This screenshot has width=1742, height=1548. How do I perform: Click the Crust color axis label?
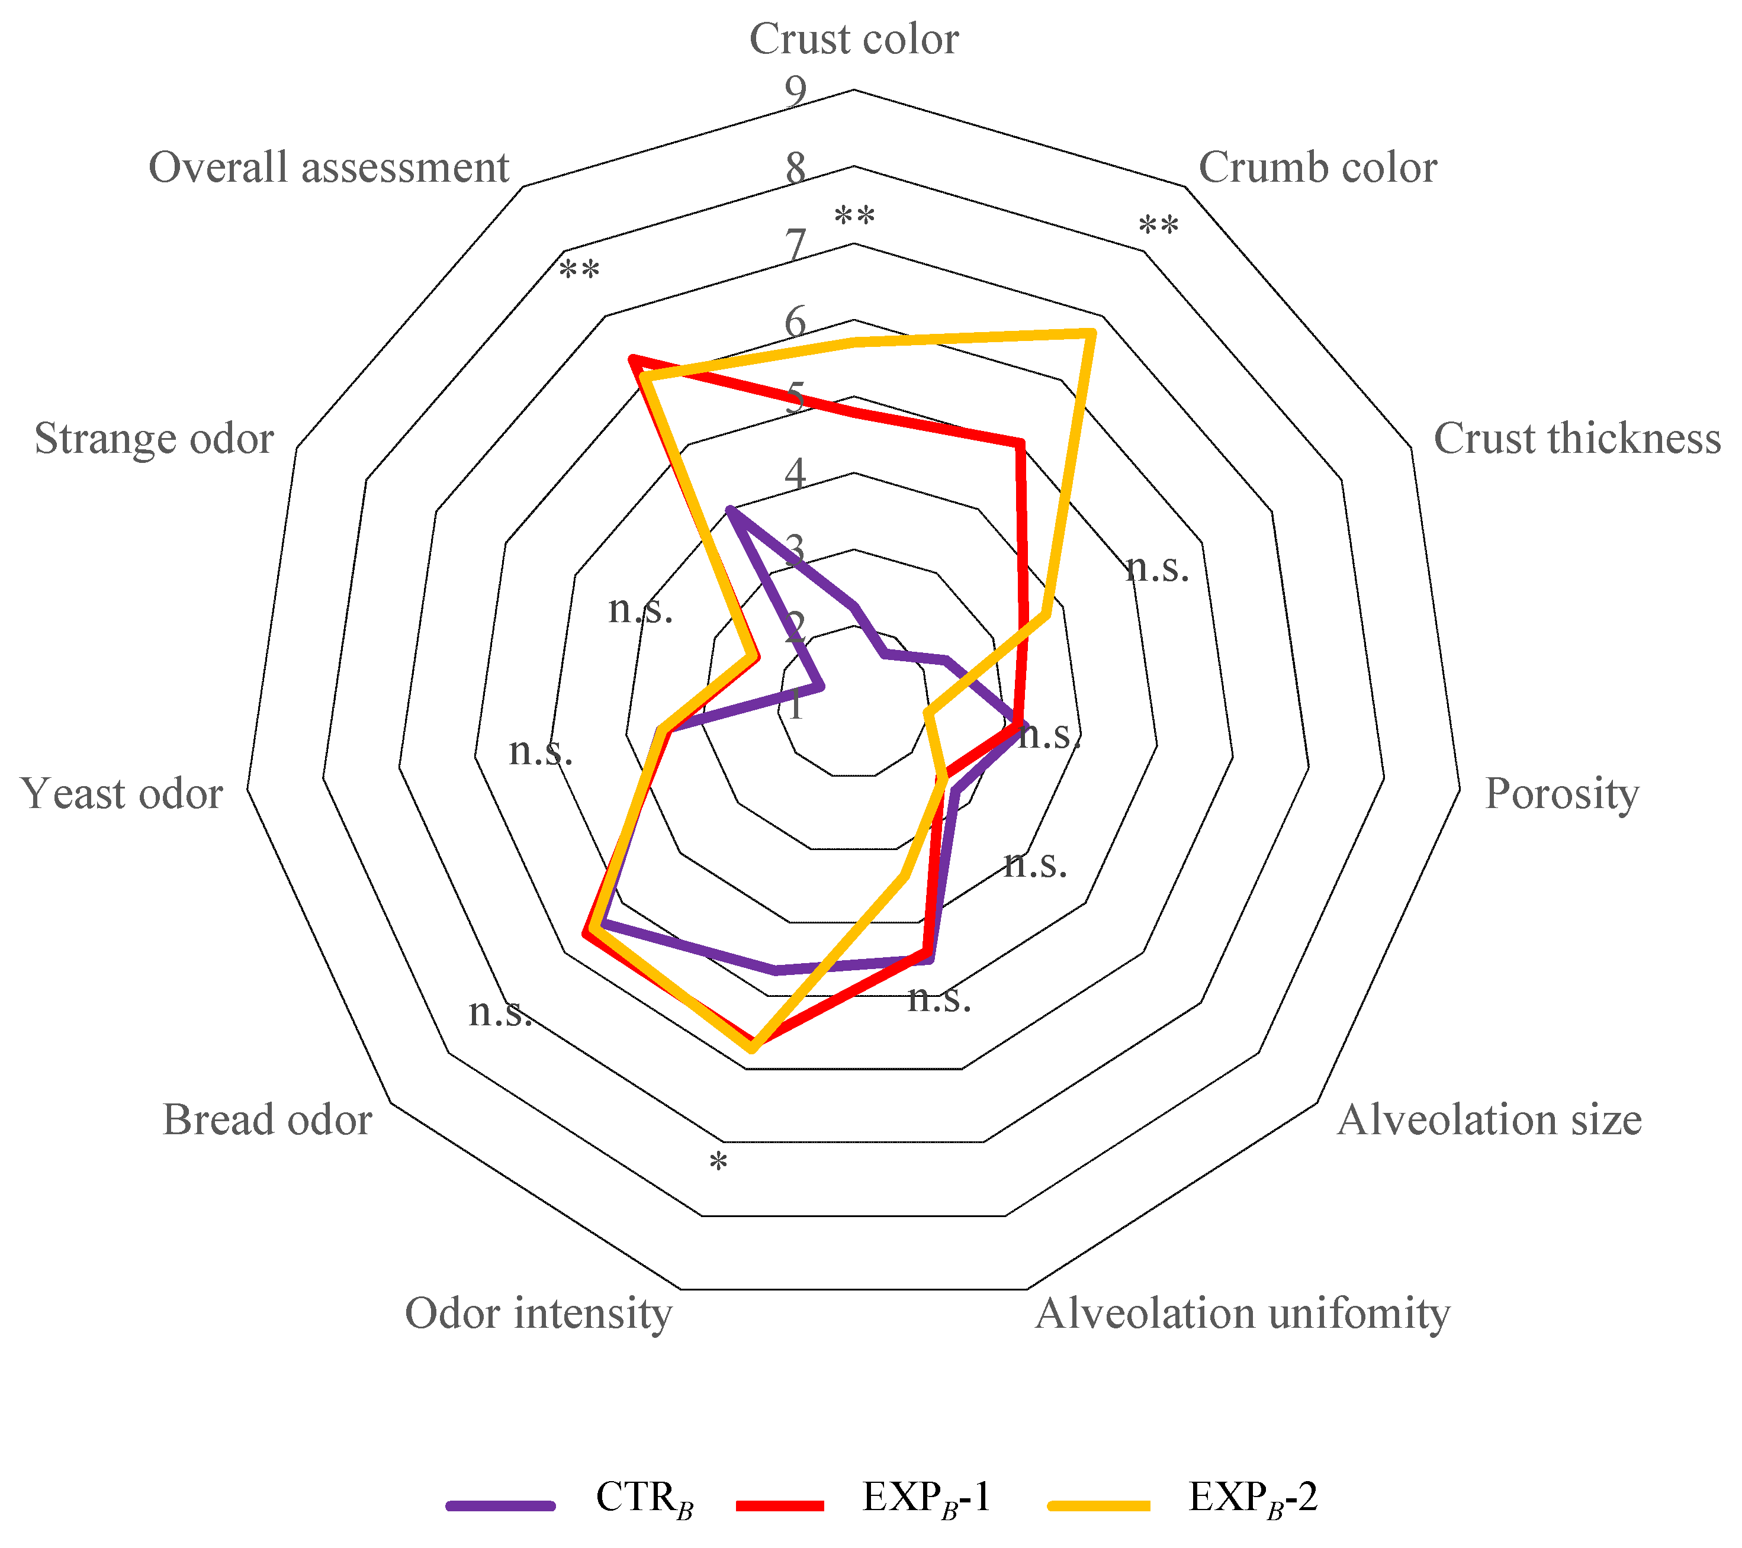click(x=854, y=39)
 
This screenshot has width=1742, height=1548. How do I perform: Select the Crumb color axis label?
click(x=1317, y=168)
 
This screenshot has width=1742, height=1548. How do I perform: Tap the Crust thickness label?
click(x=1577, y=439)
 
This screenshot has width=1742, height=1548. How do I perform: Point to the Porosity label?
click(x=1561, y=794)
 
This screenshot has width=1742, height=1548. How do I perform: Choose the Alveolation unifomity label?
click(x=1242, y=1313)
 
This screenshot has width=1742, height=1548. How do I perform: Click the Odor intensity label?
click(x=538, y=1313)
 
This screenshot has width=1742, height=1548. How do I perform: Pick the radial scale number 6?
click(x=795, y=322)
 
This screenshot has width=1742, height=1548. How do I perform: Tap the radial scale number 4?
click(x=795, y=474)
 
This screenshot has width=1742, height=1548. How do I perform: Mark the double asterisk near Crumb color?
click(x=1158, y=227)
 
